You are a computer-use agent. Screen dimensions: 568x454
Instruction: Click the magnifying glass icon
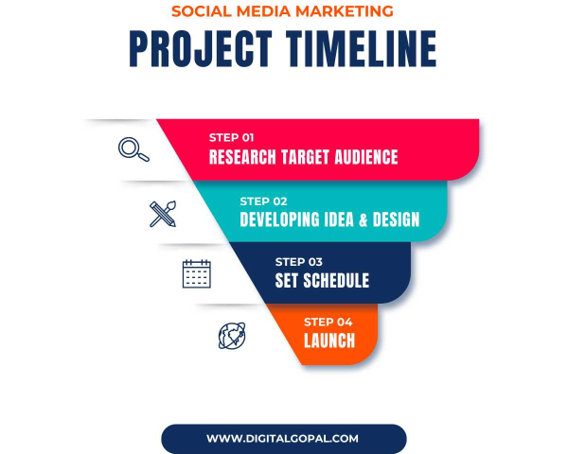point(133,149)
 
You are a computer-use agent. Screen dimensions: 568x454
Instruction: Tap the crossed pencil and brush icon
point(163,214)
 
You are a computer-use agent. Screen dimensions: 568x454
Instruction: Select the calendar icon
point(197,273)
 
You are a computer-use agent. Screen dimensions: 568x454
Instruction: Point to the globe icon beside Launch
point(232,336)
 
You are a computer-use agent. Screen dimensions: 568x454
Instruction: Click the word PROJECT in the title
point(201,49)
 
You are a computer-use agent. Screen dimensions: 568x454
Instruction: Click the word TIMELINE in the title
point(362,49)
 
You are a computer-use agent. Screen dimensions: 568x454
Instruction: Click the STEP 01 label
point(232,137)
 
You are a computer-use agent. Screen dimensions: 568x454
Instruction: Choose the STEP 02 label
point(263,201)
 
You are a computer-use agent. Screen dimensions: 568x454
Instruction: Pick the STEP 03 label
point(299,262)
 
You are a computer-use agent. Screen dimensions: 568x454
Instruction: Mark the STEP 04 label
point(328,322)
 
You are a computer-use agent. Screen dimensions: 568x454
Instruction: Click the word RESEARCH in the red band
point(242,157)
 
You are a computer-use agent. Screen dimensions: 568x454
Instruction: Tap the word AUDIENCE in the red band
point(365,157)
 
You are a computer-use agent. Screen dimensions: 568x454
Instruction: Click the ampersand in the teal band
point(363,219)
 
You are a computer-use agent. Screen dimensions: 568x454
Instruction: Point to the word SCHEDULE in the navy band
point(336,281)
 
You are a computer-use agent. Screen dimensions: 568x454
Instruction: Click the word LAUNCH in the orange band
point(329,340)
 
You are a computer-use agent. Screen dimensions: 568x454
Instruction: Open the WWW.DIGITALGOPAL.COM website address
point(282,439)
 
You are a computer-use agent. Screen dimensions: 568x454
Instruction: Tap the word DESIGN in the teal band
point(397,219)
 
